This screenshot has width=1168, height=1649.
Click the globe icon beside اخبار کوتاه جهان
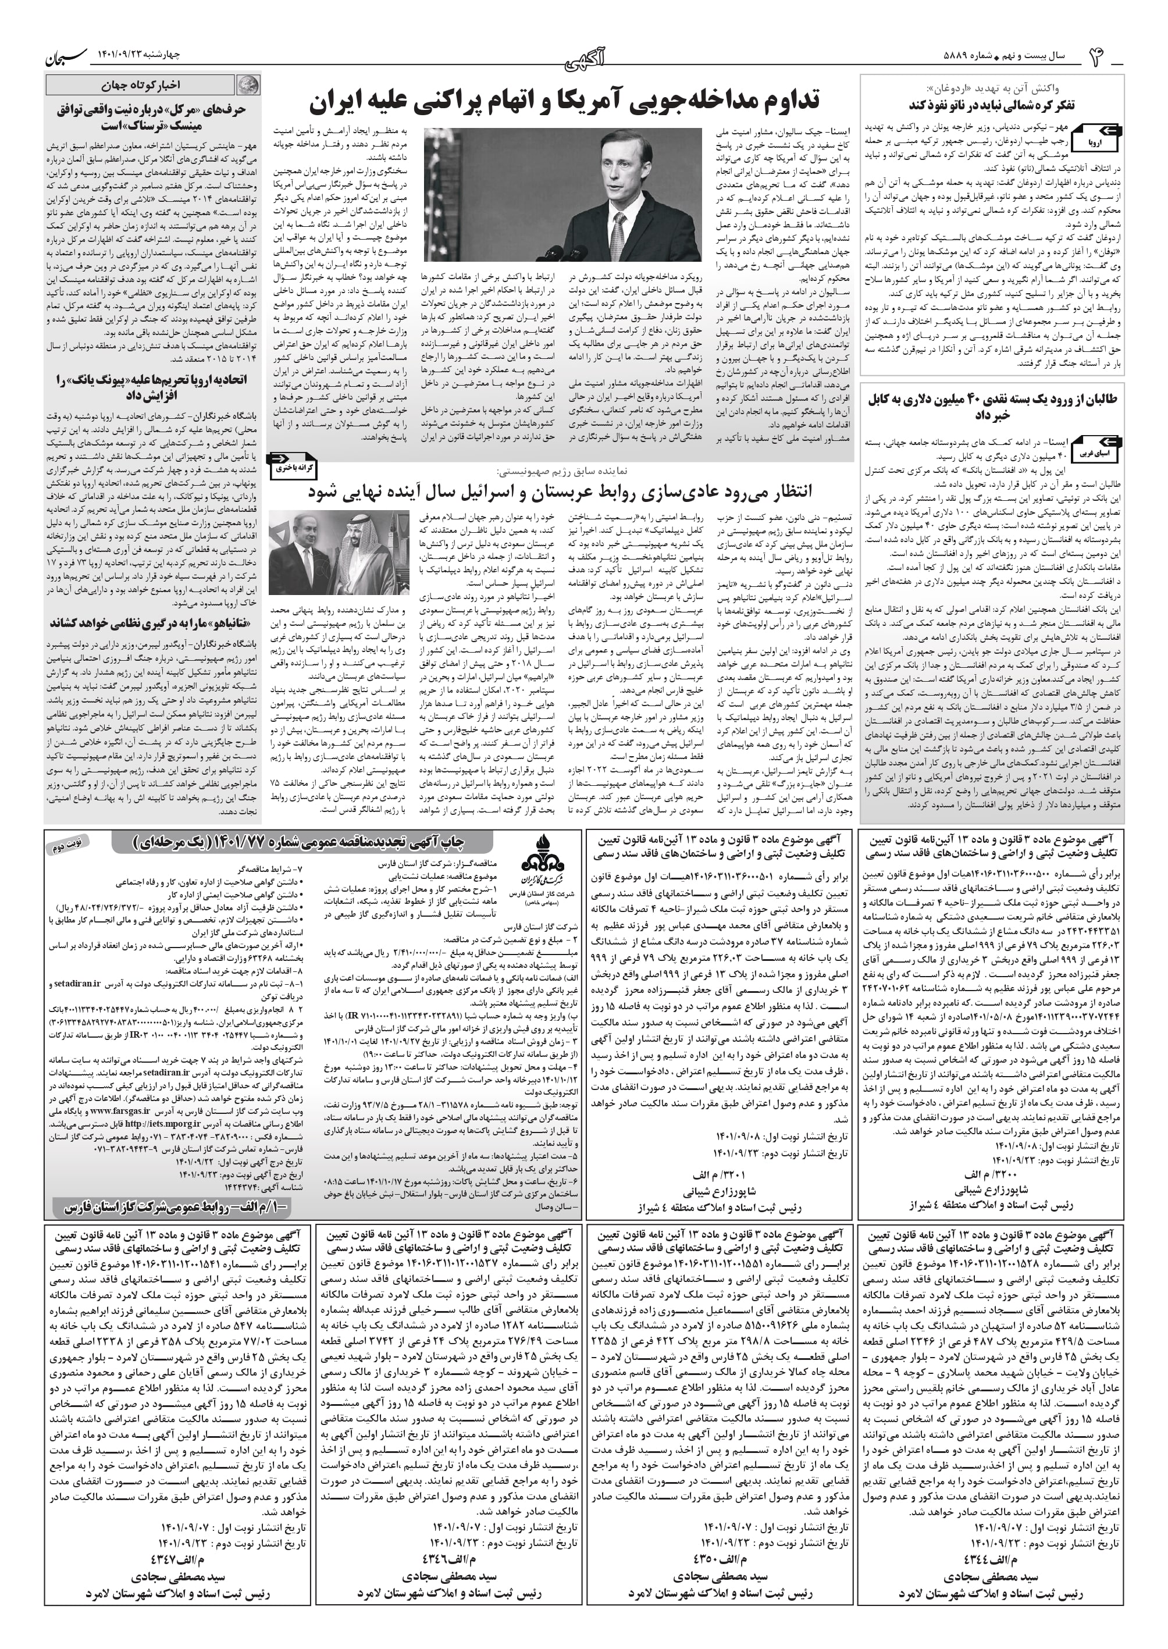[x=250, y=86]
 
